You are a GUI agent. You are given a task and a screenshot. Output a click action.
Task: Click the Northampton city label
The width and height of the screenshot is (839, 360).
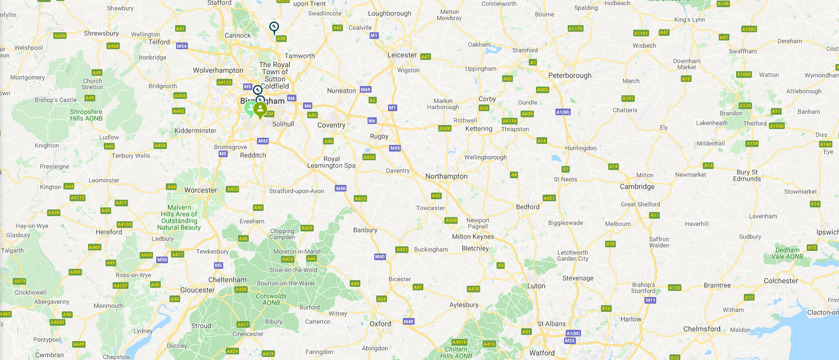[446, 176]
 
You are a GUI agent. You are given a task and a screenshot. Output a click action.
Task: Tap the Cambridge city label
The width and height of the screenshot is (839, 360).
[637, 186]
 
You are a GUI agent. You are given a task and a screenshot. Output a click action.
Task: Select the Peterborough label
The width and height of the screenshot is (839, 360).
[570, 75]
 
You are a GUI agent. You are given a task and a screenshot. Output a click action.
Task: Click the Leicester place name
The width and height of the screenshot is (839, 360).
[402, 55]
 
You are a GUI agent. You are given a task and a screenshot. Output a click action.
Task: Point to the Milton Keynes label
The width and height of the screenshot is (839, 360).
[473, 237]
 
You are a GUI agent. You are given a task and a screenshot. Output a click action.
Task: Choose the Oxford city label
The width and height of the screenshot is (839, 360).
[380, 324]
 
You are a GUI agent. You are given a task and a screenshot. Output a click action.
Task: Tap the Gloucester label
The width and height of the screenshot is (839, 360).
[197, 290]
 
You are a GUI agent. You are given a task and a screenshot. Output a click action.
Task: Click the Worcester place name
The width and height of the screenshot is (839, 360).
[201, 190]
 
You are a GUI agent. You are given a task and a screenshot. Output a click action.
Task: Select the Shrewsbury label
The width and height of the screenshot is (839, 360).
[101, 33]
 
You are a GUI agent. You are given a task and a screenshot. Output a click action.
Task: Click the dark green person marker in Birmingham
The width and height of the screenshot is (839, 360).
[260, 109]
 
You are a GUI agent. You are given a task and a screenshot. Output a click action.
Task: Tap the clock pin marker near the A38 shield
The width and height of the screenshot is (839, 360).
[274, 27]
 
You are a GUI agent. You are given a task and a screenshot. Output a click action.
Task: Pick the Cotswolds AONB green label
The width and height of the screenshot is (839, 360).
[271, 299]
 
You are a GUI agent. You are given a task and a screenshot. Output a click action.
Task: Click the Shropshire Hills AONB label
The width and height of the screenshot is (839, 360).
[86, 115]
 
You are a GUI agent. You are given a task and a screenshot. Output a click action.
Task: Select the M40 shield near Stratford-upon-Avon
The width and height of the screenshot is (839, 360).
[341, 188]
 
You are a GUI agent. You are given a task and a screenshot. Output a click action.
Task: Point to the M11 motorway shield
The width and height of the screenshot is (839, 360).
[650, 300]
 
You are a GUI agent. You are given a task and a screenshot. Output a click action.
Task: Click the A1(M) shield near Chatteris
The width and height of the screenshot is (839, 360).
[563, 112]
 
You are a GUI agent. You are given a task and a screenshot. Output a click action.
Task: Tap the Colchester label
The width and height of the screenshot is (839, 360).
[781, 281]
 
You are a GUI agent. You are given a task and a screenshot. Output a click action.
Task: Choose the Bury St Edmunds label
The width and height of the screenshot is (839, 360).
[747, 175]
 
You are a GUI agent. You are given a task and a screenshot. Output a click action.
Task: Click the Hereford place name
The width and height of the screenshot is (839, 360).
[109, 231]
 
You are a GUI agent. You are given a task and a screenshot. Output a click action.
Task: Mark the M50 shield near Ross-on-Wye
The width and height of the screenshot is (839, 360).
[162, 260]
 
